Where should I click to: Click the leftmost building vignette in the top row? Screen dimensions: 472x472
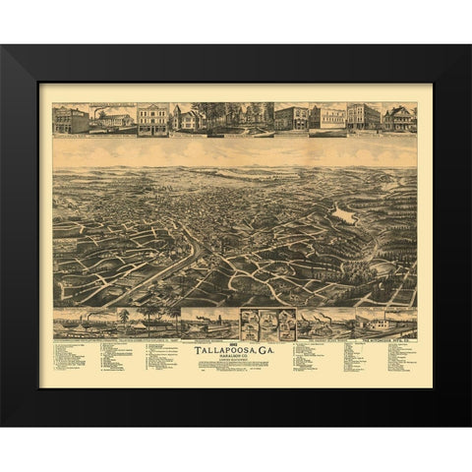pyautogui.click(x=71, y=119)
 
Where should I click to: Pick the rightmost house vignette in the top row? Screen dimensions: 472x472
pyautogui.click(x=400, y=118)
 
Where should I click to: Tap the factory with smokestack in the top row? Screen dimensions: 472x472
pyautogui.click(x=112, y=119)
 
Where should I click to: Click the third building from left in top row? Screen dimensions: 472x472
pyautogui.click(x=152, y=119)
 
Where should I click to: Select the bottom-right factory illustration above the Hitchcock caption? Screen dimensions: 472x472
pyautogui.click(x=383, y=322)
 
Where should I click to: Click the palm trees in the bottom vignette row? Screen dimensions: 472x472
pyautogui.click(x=147, y=319)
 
